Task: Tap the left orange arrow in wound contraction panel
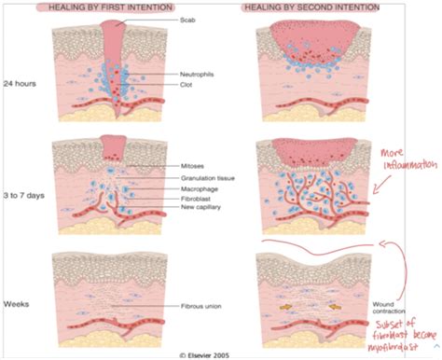[x=283, y=303]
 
